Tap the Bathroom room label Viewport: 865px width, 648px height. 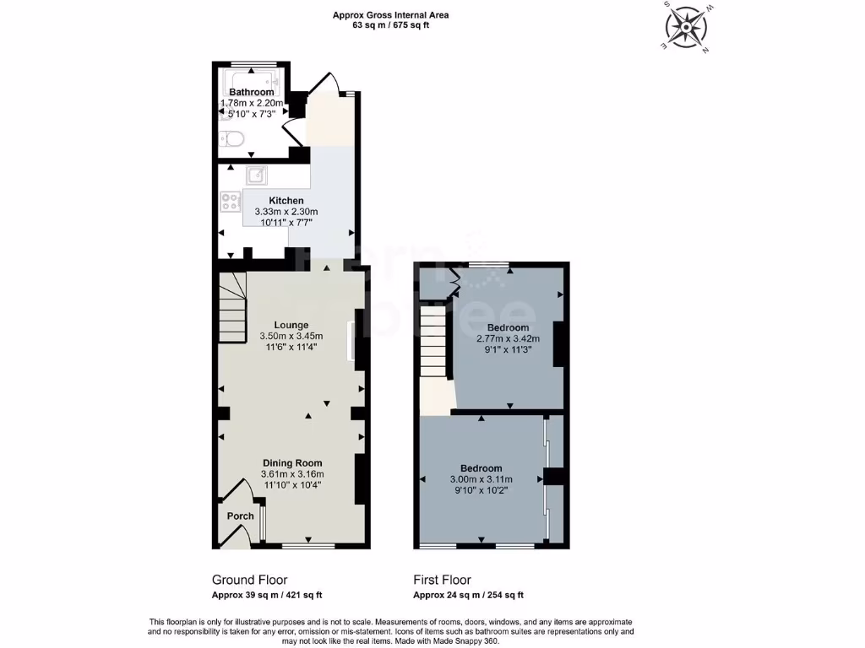coord(252,92)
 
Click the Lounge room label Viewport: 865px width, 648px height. coord(291,325)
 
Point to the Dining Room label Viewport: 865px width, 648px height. coord(292,463)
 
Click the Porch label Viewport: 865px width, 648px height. coord(240,516)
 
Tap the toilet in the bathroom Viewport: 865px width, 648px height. coord(234,138)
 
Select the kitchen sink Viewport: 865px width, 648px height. coord(257,175)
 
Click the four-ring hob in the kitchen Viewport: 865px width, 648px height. coord(231,202)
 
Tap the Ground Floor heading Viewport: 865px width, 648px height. coord(249,580)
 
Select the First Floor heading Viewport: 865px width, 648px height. coord(442,580)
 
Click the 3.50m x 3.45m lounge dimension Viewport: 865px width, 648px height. coord(291,336)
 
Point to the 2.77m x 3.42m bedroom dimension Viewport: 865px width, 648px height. coord(508,339)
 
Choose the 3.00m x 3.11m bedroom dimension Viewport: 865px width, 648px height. coord(481,479)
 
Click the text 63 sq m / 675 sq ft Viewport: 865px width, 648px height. coord(389,25)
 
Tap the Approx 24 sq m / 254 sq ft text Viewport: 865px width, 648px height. coord(468,595)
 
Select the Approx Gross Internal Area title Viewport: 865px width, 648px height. coord(390,14)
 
